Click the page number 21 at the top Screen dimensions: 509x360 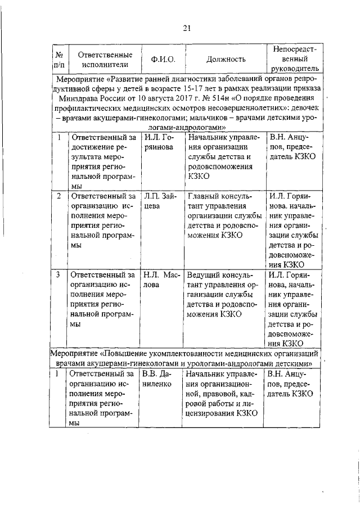pyautogui.click(x=187, y=29)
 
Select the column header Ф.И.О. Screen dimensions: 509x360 pyautogui.click(x=163, y=59)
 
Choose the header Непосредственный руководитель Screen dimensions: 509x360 pyautogui.click(x=294, y=58)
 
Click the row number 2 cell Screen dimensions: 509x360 pyautogui.click(x=60, y=196)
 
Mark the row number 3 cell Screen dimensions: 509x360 pyautogui.click(x=60, y=275)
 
